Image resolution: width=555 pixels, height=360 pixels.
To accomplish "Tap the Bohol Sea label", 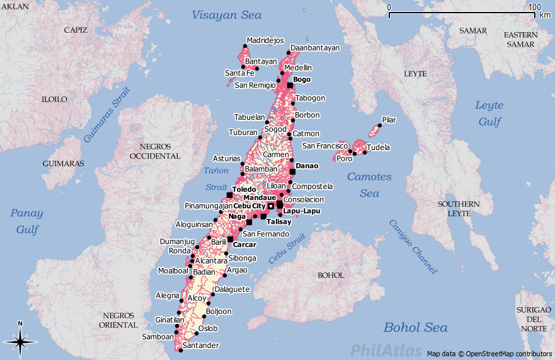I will (x=416, y=327).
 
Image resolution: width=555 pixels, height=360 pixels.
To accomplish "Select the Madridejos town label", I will (x=265, y=40).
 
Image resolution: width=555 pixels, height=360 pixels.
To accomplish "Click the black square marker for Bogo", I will (x=290, y=85).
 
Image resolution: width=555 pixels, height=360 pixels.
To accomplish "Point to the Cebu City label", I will (x=249, y=206).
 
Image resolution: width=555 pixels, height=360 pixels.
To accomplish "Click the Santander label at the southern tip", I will (x=200, y=345).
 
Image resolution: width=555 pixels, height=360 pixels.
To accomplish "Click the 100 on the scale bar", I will (x=534, y=7).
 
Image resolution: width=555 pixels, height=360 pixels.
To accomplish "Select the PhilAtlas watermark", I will (x=386, y=350).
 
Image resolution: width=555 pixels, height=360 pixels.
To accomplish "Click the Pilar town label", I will (x=389, y=119).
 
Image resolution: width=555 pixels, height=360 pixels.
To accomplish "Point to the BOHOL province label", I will (x=331, y=276).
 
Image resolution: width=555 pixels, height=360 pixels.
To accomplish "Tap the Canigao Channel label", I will (x=413, y=246).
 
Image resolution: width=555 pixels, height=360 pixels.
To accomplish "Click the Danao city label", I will (x=307, y=166).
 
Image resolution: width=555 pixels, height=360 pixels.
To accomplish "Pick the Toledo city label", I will (x=244, y=189).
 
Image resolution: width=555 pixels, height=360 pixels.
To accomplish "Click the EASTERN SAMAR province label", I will (x=520, y=40).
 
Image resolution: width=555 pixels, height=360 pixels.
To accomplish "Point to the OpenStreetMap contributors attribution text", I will (x=489, y=354).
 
